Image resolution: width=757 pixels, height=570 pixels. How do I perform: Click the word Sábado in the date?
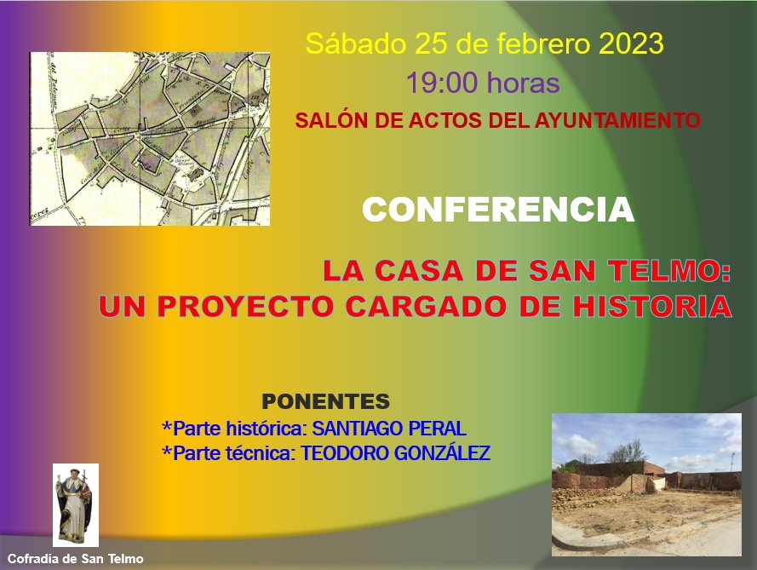tap(356, 44)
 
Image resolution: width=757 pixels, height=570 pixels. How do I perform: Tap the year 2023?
tap(631, 43)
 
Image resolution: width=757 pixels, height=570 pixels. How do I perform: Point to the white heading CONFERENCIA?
tap(498, 210)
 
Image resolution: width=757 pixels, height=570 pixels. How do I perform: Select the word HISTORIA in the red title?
tap(652, 306)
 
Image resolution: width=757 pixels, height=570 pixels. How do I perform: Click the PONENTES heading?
tap(325, 401)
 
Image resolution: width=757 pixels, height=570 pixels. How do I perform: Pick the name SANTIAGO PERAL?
tap(389, 429)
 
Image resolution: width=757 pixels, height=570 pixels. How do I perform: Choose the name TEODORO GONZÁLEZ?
tap(396, 453)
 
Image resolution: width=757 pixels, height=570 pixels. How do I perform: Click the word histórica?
tap(267, 429)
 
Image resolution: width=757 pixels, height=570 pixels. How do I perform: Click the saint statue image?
tap(75, 504)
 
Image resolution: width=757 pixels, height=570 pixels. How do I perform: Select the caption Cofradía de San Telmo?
tap(75, 559)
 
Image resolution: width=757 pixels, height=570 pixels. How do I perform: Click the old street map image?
tap(150, 139)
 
